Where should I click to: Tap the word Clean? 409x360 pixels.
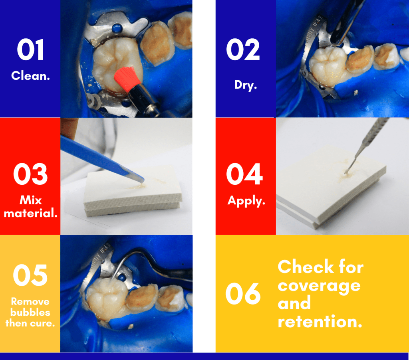click(30, 75)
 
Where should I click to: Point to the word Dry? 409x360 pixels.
click(244, 85)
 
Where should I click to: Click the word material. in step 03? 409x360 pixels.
click(30, 213)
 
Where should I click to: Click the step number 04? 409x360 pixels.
click(244, 174)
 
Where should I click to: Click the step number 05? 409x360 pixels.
click(30, 275)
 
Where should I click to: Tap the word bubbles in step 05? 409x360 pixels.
click(30, 312)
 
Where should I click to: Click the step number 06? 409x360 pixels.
click(243, 294)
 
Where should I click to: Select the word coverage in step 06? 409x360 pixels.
click(319, 285)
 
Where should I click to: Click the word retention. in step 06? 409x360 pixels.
click(320, 321)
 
